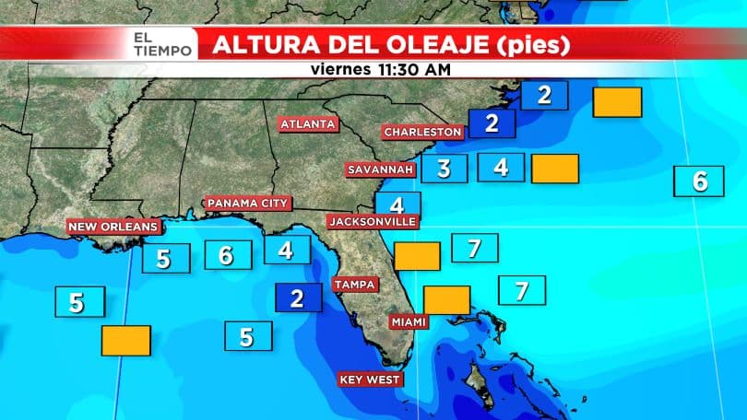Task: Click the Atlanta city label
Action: coord(309,123)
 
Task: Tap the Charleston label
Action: coord(422,133)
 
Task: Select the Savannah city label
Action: coord(380,170)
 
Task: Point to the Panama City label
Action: coord(248,203)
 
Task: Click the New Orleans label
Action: coord(113,226)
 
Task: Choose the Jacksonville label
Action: coord(373,221)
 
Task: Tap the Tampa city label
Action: coord(354,285)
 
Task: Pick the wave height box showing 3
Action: coord(445,169)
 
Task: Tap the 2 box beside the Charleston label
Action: coord(492,122)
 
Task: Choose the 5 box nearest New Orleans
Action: coord(165,259)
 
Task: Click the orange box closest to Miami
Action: coord(446,300)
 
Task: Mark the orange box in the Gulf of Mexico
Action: coord(125,341)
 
